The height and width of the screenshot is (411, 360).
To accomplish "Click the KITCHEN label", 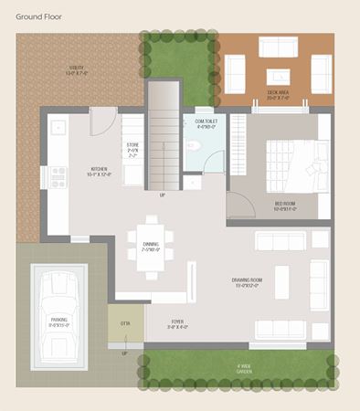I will pyautogui.click(x=98, y=171).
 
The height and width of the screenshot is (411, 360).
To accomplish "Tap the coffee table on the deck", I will pyautogui.click(x=278, y=75).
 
